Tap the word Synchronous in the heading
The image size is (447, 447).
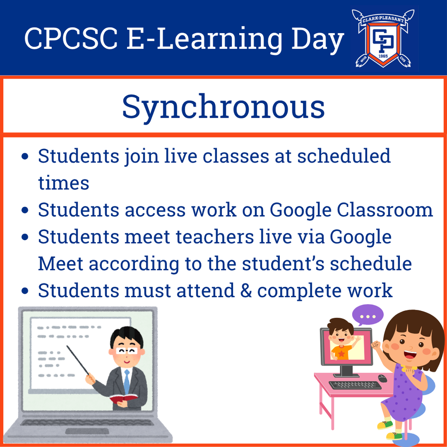pos(223,107)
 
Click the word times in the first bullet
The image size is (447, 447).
pos(63,183)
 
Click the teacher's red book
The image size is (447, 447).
pos(124,398)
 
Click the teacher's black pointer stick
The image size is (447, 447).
pos(78,360)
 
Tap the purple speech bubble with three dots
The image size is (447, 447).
pos(368,315)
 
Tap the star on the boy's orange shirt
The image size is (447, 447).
pos(341,353)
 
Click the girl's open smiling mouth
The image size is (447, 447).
pos(409,354)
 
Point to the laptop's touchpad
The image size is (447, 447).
pos(87,431)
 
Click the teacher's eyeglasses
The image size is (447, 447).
pos(127,350)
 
